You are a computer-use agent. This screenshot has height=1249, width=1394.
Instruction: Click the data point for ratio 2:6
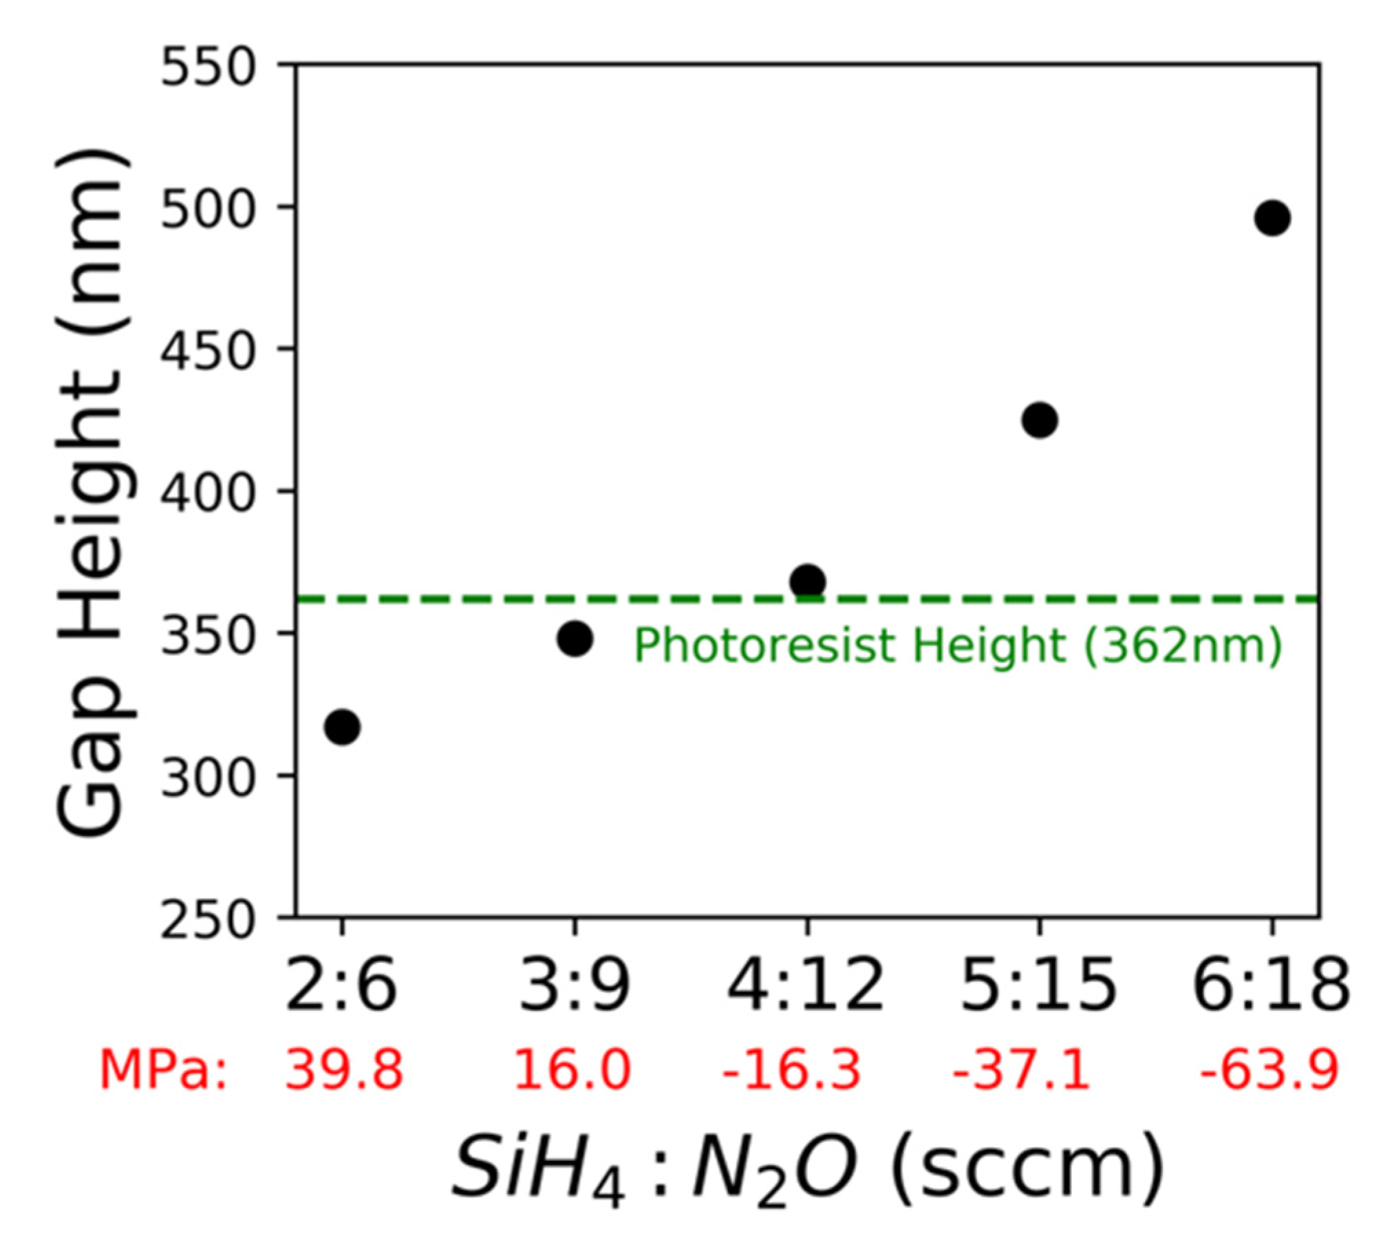(x=342, y=727)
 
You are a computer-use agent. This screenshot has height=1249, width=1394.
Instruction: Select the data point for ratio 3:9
(x=575, y=639)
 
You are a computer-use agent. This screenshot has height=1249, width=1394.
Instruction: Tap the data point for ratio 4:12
(x=808, y=582)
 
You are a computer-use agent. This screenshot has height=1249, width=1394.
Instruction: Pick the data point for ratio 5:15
(x=1040, y=420)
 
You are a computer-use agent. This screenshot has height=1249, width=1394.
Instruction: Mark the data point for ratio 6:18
(x=1272, y=218)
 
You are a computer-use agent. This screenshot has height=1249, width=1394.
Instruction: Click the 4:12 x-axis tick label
(x=806, y=985)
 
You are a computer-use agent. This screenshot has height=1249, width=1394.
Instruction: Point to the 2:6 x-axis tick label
(x=342, y=985)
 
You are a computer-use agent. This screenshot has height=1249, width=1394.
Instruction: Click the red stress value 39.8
(x=344, y=1071)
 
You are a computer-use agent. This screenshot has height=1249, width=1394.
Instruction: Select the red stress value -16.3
(x=791, y=1071)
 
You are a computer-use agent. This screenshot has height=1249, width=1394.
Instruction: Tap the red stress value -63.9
(x=1269, y=1071)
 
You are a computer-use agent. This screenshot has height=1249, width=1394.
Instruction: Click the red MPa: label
(x=163, y=1071)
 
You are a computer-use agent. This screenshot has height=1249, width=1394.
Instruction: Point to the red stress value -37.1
(x=1021, y=1071)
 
